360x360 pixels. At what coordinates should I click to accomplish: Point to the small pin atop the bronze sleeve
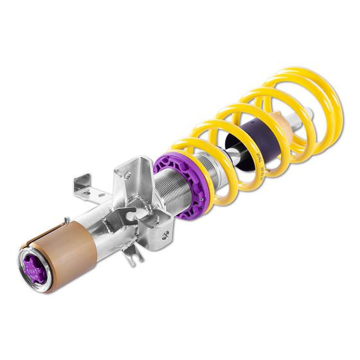(x=66, y=221)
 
